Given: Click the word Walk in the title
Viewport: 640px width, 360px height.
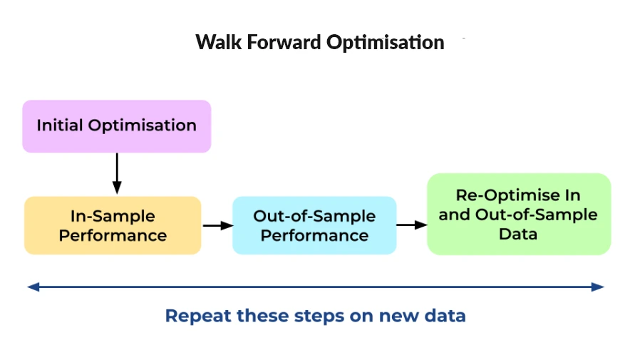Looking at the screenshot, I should point(216,42).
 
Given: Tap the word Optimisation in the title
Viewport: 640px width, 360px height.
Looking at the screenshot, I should point(386,43).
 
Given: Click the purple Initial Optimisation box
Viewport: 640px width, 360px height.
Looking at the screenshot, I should point(116,126).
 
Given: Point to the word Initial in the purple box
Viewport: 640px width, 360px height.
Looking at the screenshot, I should point(60,125).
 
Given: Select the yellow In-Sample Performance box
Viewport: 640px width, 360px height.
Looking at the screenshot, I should point(113,225).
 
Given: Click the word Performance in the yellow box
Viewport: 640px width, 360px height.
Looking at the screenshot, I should point(113,235).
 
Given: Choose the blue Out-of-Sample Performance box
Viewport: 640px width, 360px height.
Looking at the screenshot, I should point(314,225).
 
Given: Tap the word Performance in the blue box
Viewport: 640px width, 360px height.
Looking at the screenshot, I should point(314,235).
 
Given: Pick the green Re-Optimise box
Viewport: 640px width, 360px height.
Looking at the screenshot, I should point(518,214).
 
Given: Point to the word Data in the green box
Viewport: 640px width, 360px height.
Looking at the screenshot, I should point(518,233).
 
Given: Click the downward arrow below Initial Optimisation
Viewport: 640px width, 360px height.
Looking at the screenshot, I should point(117,173).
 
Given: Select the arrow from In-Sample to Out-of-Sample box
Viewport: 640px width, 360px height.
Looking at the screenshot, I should point(217,225).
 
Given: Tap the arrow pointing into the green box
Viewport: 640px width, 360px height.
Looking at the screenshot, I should point(411,225).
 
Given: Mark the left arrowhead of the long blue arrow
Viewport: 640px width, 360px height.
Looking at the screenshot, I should point(32,287).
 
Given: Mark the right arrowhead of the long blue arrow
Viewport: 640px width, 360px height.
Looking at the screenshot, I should point(599,287).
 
